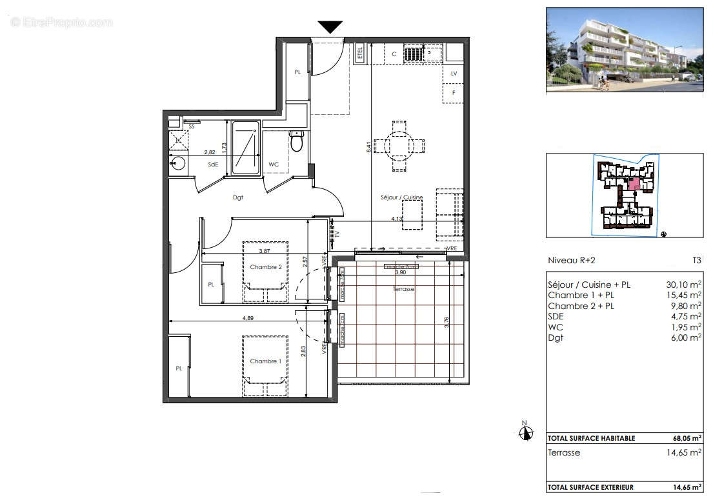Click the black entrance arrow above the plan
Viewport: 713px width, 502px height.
(330, 26)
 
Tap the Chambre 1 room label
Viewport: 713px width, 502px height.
(265, 361)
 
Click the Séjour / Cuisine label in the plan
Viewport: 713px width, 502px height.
(401, 197)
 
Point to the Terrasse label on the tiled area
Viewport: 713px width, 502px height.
(403, 290)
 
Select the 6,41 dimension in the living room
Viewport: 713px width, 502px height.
(368, 146)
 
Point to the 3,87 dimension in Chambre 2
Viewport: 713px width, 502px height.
(264, 251)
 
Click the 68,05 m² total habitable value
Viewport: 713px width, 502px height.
(687, 438)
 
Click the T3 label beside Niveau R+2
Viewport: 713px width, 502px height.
(696, 261)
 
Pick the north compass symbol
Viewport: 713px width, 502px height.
(525, 432)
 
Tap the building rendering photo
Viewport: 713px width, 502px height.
(624, 49)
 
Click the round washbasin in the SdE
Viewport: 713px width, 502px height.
(177, 164)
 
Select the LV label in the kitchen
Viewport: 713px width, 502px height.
(454, 74)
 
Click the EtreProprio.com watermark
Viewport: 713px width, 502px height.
(61, 22)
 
